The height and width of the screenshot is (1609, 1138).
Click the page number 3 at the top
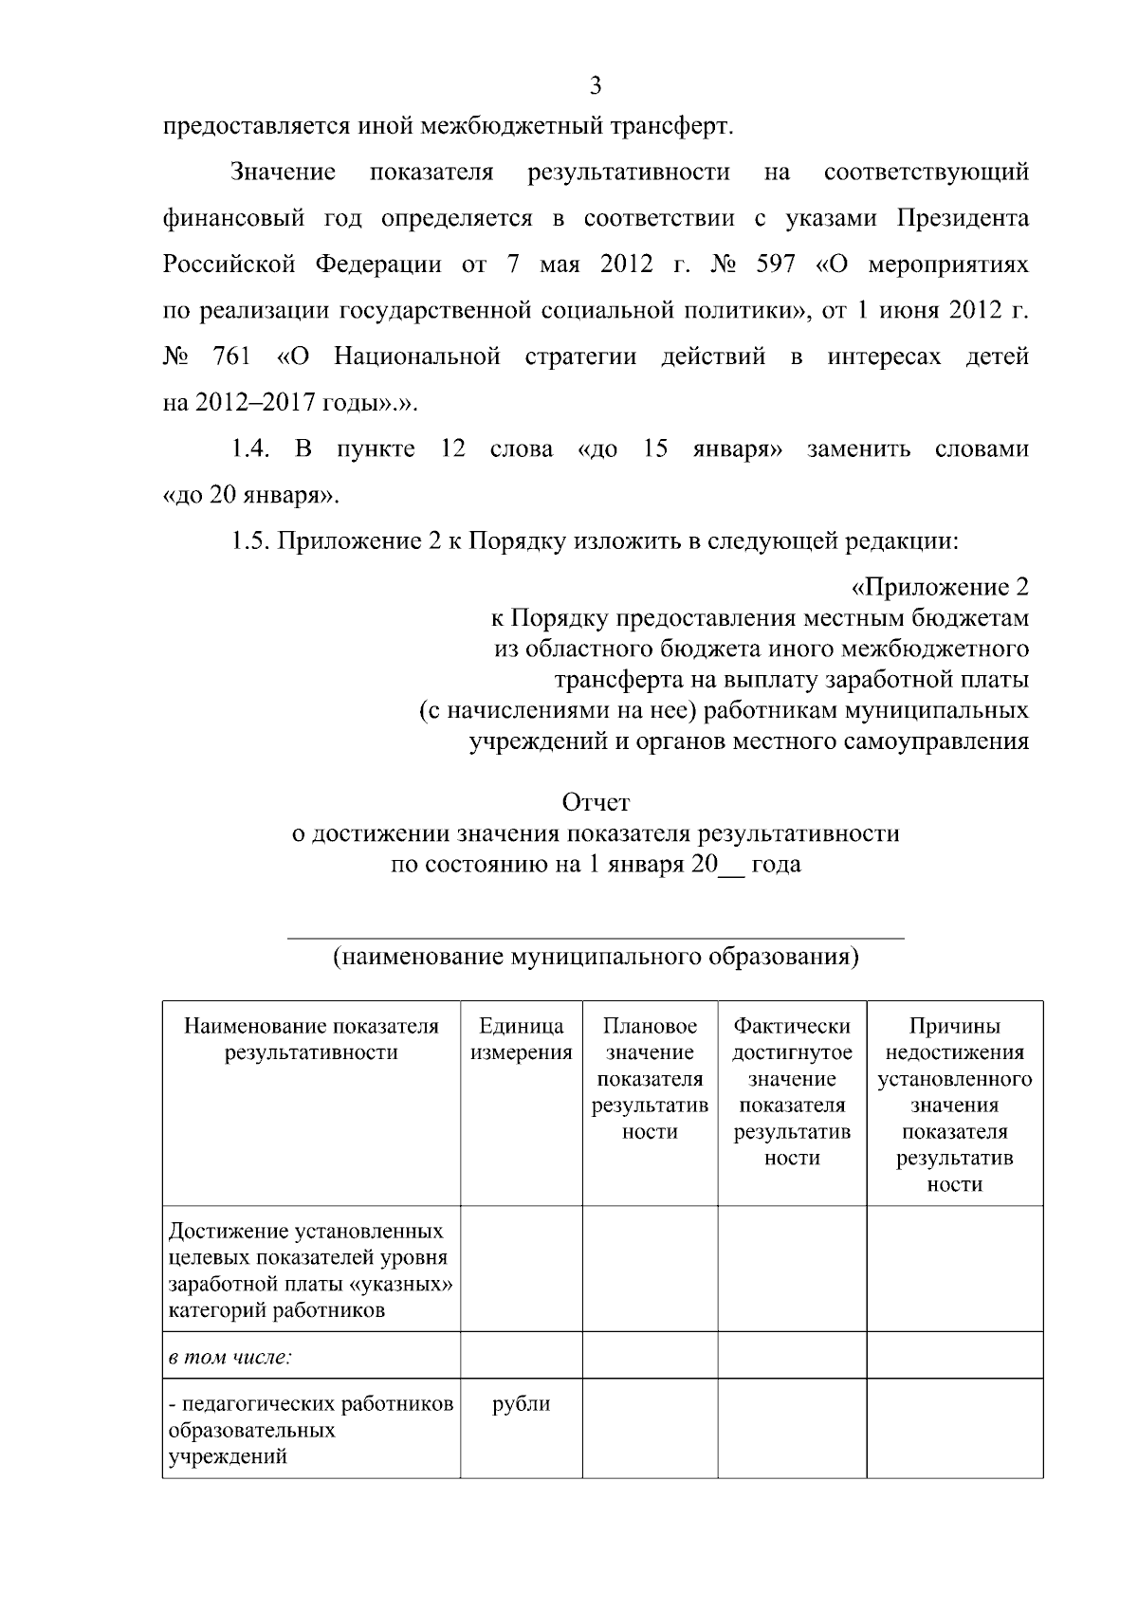[596, 86]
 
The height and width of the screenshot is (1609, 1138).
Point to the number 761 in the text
[232, 357]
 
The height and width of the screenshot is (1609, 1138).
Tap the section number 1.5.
[250, 541]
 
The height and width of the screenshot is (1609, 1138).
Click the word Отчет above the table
[596, 803]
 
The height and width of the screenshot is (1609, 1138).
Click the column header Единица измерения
[522, 1039]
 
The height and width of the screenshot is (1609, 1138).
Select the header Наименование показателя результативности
[311, 1039]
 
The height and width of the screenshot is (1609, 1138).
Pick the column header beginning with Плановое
[650, 1079]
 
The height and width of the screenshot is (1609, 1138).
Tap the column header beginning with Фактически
[792, 1091]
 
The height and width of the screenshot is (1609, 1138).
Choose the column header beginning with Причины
[954, 1105]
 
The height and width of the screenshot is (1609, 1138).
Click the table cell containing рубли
[522, 1404]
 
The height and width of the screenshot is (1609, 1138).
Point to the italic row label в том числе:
[229, 1357]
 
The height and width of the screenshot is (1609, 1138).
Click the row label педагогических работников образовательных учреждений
[310, 1430]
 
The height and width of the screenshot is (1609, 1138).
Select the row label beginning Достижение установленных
[310, 1271]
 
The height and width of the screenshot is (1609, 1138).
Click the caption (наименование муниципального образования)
[596, 956]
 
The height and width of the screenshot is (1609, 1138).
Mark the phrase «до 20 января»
[251, 495]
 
